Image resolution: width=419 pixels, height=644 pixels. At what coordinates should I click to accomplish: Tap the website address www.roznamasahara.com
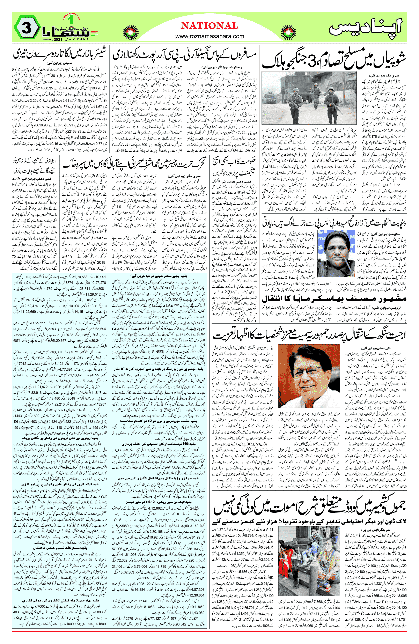tap(210, 36)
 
